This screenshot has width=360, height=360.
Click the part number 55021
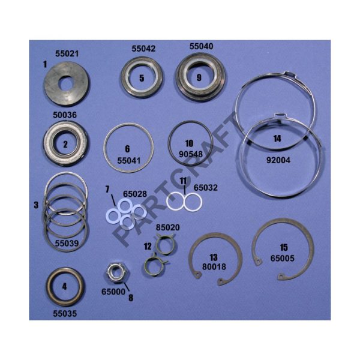67,54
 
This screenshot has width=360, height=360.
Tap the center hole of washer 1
67,84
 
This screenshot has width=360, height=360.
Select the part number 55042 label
143,49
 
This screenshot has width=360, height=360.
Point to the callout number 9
199,77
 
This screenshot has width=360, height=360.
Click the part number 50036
65,115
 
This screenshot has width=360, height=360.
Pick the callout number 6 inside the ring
127,149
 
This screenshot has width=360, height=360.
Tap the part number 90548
191,154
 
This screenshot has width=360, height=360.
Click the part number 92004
278,160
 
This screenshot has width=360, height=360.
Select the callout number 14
277,139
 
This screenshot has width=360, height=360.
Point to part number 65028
135,194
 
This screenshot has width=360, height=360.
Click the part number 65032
205,188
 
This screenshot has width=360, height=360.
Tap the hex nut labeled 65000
116,274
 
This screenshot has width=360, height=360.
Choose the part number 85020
168,227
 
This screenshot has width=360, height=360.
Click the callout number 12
148,247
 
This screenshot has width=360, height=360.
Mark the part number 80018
214,267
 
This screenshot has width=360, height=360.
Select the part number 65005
282,258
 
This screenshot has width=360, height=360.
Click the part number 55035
65,314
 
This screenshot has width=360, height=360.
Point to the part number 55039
67,243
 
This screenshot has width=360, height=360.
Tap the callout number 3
36,205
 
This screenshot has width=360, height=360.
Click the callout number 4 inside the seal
65,286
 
